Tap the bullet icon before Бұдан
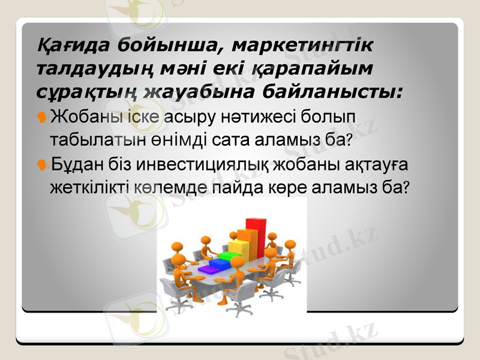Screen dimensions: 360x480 43,163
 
